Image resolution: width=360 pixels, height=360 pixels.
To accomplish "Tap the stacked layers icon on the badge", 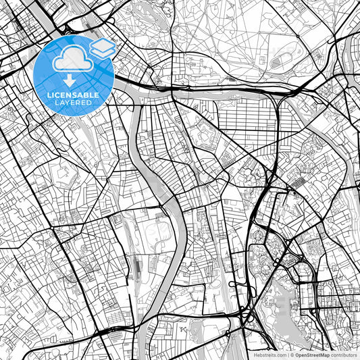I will click(x=102, y=47).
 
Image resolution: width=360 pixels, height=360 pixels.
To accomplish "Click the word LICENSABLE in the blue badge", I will click(x=72, y=95).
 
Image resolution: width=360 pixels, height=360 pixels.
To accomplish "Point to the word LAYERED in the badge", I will click(x=72, y=102).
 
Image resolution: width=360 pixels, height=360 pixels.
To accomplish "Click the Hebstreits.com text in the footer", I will click(x=269, y=354).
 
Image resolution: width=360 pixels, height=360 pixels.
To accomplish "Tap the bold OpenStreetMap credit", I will click(x=310, y=354).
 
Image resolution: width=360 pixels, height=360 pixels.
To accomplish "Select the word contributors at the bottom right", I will click(x=344, y=354).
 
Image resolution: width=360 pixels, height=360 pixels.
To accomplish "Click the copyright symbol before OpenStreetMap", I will click(x=292, y=354).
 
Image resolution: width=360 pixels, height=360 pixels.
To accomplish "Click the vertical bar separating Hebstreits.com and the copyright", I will click(x=287, y=354).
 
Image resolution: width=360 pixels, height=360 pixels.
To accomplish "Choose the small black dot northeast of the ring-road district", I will click(x=294, y=192).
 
